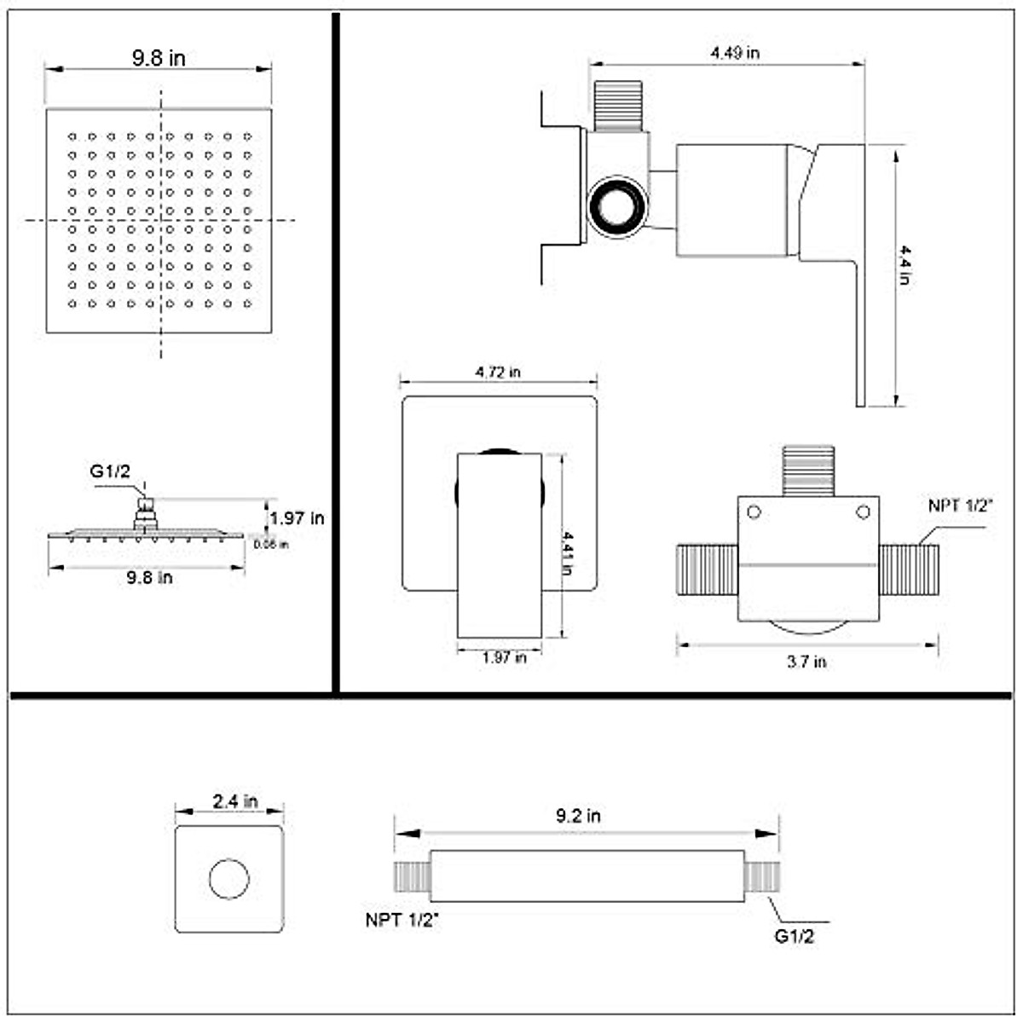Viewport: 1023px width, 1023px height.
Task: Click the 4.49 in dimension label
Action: point(735,52)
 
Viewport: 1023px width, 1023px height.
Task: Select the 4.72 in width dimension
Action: point(498,372)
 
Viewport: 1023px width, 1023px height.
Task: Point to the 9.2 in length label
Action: point(578,816)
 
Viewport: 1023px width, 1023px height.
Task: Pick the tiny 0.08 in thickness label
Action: point(271,545)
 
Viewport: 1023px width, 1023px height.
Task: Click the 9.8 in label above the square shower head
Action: point(158,58)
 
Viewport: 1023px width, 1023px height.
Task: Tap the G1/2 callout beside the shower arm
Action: point(795,936)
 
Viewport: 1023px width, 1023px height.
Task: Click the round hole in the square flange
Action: point(229,879)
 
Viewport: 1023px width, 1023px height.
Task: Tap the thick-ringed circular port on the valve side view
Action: point(617,205)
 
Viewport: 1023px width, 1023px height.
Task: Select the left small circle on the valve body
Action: point(754,512)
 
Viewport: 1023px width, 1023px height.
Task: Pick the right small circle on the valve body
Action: point(863,512)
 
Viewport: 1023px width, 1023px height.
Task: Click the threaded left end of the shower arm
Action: point(412,876)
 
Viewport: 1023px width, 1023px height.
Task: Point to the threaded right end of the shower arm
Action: point(762,876)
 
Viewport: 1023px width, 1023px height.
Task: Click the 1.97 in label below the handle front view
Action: point(504,657)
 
